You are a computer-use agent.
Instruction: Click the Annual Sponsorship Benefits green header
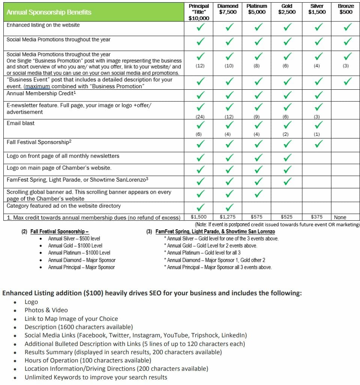point(49,12)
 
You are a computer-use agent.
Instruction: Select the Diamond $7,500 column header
point(228,9)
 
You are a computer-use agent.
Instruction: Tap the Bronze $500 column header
point(346,9)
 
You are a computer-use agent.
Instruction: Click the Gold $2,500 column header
point(287,9)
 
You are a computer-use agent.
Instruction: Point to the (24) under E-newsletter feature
point(200,116)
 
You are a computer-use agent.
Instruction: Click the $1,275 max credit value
point(228,217)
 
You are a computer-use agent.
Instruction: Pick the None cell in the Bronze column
point(340,217)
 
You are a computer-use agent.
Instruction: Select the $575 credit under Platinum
point(257,217)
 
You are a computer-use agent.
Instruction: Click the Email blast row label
point(21,123)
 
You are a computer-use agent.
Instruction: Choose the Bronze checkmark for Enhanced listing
point(347,27)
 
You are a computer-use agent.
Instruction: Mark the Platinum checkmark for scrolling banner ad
point(258,194)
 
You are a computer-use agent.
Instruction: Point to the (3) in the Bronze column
point(346,66)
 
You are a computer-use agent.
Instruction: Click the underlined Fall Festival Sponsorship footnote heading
point(59,232)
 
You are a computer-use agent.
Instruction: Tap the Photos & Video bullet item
point(46,310)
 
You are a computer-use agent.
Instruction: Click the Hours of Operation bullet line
point(88,360)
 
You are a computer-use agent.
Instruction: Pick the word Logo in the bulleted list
point(31,302)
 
